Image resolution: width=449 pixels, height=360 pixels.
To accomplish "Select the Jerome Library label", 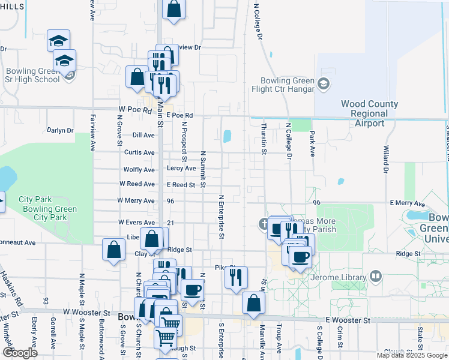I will tap(339, 277).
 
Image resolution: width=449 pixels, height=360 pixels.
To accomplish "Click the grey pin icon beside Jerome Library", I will tap(376, 277).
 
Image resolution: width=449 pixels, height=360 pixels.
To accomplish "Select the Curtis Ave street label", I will tap(139, 152).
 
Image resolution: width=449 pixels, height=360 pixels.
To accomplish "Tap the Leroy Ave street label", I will tap(181, 169).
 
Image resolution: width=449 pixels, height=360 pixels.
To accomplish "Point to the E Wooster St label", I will tap(348, 321).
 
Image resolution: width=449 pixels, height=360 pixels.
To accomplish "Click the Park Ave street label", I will tap(312, 146).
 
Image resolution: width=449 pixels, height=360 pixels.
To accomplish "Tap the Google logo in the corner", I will tap(20, 353).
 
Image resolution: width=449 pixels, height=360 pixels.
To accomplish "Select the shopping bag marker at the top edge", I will tap(173, 10).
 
